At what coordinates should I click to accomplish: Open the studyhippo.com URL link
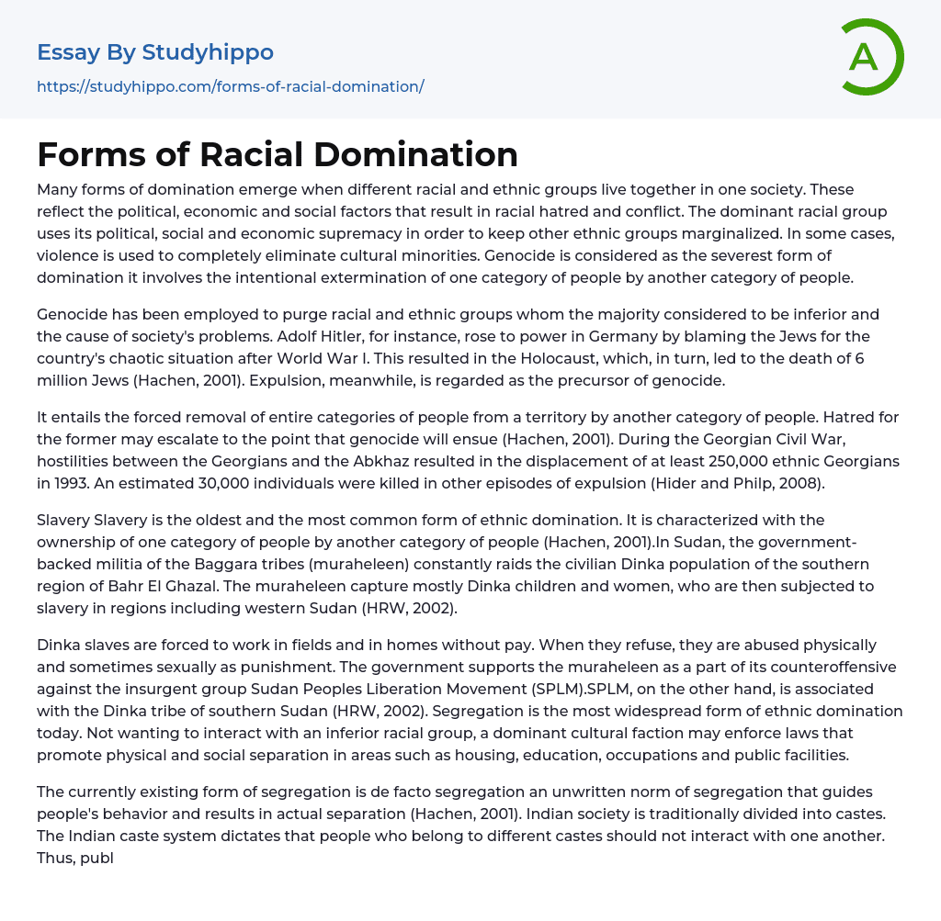click(231, 86)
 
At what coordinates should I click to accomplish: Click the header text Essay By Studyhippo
click(155, 52)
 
